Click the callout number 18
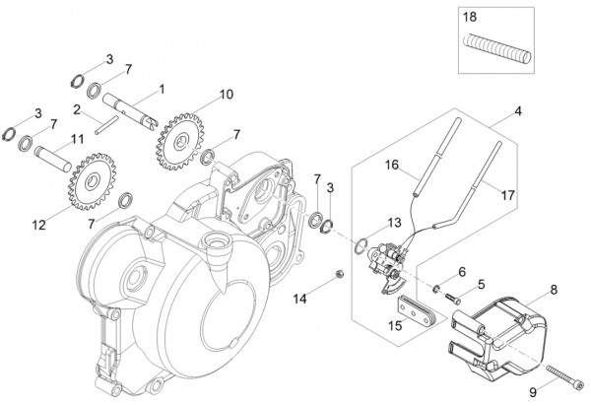(x=470, y=18)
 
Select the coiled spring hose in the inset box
(x=496, y=44)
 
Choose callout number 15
(x=394, y=325)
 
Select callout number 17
(x=509, y=195)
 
